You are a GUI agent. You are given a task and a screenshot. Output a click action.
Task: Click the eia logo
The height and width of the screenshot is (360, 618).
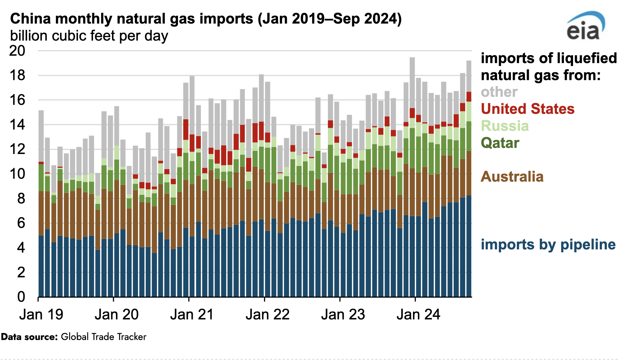pyautogui.click(x=585, y=27)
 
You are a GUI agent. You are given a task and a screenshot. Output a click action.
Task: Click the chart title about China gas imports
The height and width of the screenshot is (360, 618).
pyautogui.click(x=206, y=19)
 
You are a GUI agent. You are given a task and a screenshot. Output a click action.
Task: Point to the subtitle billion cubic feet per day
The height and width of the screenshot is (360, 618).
pyautogui.click(x=89, y=36)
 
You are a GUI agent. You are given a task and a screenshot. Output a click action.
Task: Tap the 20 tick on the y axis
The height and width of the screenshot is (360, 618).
pyautogui.click(x=18, y=51)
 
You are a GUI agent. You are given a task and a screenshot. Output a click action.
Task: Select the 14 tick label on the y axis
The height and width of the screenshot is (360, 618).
pyautogui.click(x=18, y=125)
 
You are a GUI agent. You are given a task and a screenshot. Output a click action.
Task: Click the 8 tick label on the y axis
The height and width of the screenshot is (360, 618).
pyautogui.click(x=21, y=199)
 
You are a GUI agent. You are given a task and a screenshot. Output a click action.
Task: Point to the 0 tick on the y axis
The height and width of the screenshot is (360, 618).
pyautogui.click(x=21, y=297)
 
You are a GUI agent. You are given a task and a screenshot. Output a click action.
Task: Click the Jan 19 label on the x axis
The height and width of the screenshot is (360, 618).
pyautogui.click(x=41, y=314)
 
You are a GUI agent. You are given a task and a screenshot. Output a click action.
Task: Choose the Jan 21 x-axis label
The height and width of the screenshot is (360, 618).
pyautogui.click(x=192, y=314)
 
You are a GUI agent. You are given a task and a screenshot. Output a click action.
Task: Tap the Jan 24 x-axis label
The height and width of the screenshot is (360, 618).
pyautogui.click(x=418, y=314)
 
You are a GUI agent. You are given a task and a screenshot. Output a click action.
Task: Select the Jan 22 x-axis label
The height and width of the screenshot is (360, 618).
pyautogui.click(x=267, y=314)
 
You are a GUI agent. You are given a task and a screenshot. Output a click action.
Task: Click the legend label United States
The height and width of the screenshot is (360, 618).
pyautogui.click(x=527, y=109)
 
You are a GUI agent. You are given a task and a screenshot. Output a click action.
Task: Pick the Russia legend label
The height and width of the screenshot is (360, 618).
pyautogui.click(x=505, y=126)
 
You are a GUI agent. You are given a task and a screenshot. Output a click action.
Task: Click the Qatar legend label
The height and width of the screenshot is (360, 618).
pyautogui.click(x=500, y=143)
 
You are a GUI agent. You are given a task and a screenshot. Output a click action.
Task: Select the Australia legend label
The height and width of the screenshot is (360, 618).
pyautogui.click(x=512, y=176)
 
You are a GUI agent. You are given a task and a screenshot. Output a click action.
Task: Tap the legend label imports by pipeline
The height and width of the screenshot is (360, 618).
pyautogui.click(x=548, y=245)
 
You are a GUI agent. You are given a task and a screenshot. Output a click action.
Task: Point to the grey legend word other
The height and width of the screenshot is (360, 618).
pyautogui.click(x=499, y=92)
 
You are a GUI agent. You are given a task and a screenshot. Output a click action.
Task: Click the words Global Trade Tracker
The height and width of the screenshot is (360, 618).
pyautogui.click(x=104, y=337)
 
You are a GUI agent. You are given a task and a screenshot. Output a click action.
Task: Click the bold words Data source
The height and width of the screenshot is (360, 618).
pyautogui.click(x=29, y=337)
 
